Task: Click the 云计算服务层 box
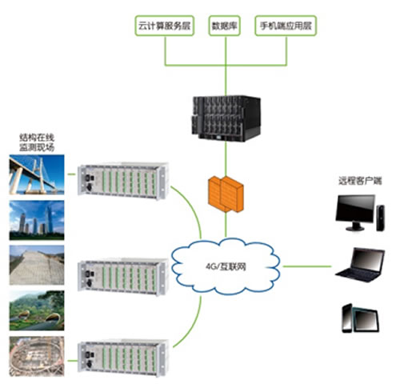click(164, 26)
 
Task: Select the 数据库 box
click(225, 26)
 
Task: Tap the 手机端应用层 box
click(286, 26)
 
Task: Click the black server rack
click(226, 118)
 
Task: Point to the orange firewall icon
click(226, 194)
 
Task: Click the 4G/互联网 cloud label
click(226, 266)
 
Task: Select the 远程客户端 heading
click(360, 181)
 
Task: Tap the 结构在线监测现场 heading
click(37, 142)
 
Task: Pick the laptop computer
click(360, 265)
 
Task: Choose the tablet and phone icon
click(360, 318)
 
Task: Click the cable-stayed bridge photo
click(37, 174)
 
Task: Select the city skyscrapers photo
click(37, 220)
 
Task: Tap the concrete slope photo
click(37, 265)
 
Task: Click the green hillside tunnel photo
click(37, 310)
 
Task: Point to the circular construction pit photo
click(37, 356)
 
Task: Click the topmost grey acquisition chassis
click(123, 181)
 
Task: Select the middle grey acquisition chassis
click(123, 276)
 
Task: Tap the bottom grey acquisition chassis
click(123, 358)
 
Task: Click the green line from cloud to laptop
click(307, 266)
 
